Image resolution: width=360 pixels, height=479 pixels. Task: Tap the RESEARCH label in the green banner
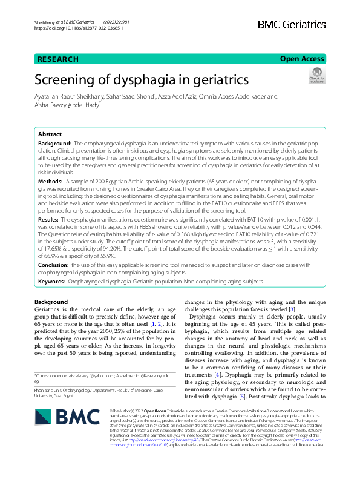pos(58,59)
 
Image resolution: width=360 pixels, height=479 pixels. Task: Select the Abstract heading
pos(50,134)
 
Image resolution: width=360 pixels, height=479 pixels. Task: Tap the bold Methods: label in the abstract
pos(50,181)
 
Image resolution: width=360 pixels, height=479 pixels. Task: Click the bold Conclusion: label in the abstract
pos(54,264)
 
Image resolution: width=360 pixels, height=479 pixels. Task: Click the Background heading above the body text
pos(51,302)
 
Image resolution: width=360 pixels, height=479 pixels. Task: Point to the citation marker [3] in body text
pos(292,309)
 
